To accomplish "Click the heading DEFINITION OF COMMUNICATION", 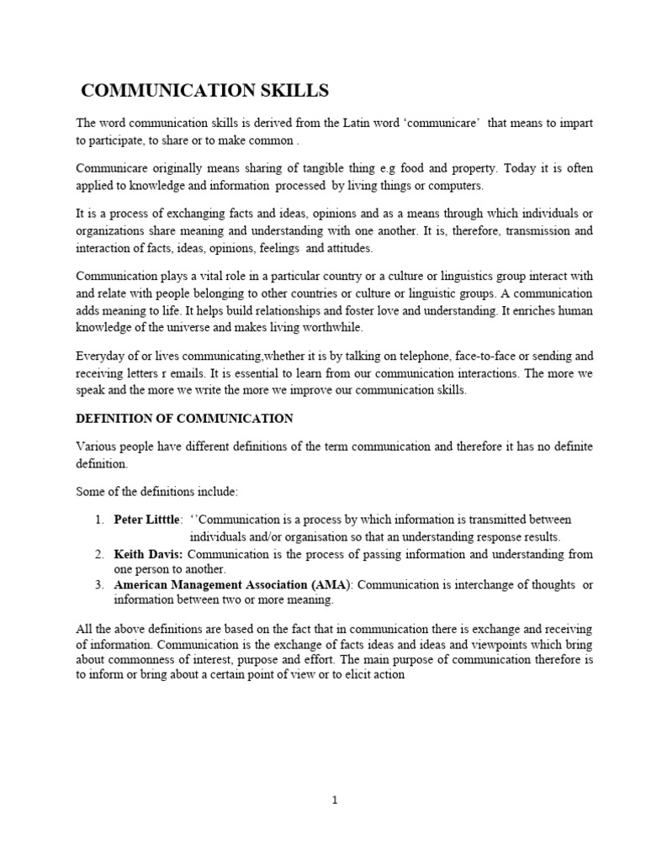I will (185, 418).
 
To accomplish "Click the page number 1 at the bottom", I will (334, 800).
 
